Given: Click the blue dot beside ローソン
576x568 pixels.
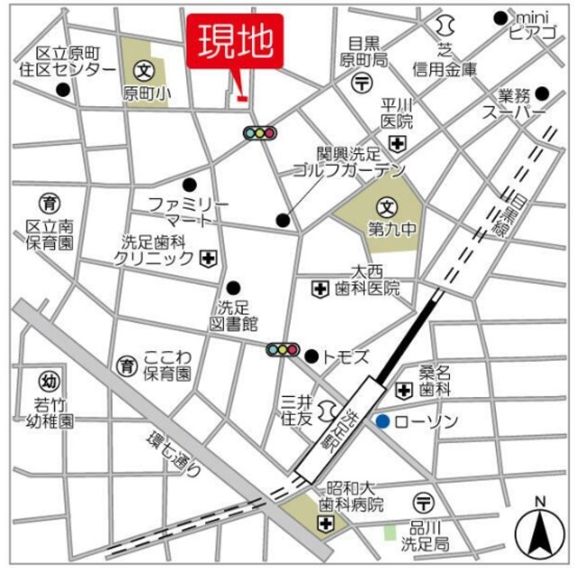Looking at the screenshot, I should pos(383,420).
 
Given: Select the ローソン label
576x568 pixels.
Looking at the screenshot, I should pos(427,421).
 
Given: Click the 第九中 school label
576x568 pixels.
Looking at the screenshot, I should pos(391,230).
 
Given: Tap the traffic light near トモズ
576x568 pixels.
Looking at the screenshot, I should pos(283,350).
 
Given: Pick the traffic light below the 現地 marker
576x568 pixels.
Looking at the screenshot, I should pos(259,133).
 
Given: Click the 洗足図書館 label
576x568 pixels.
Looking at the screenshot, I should pos(237,314).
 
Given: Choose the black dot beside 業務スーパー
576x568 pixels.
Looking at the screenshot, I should pos(542,92).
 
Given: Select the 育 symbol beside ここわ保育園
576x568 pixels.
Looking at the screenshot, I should pos(125,365).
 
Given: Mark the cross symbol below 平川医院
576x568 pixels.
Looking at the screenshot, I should pos(398,143).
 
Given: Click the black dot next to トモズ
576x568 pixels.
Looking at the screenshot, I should pos(311,356).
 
